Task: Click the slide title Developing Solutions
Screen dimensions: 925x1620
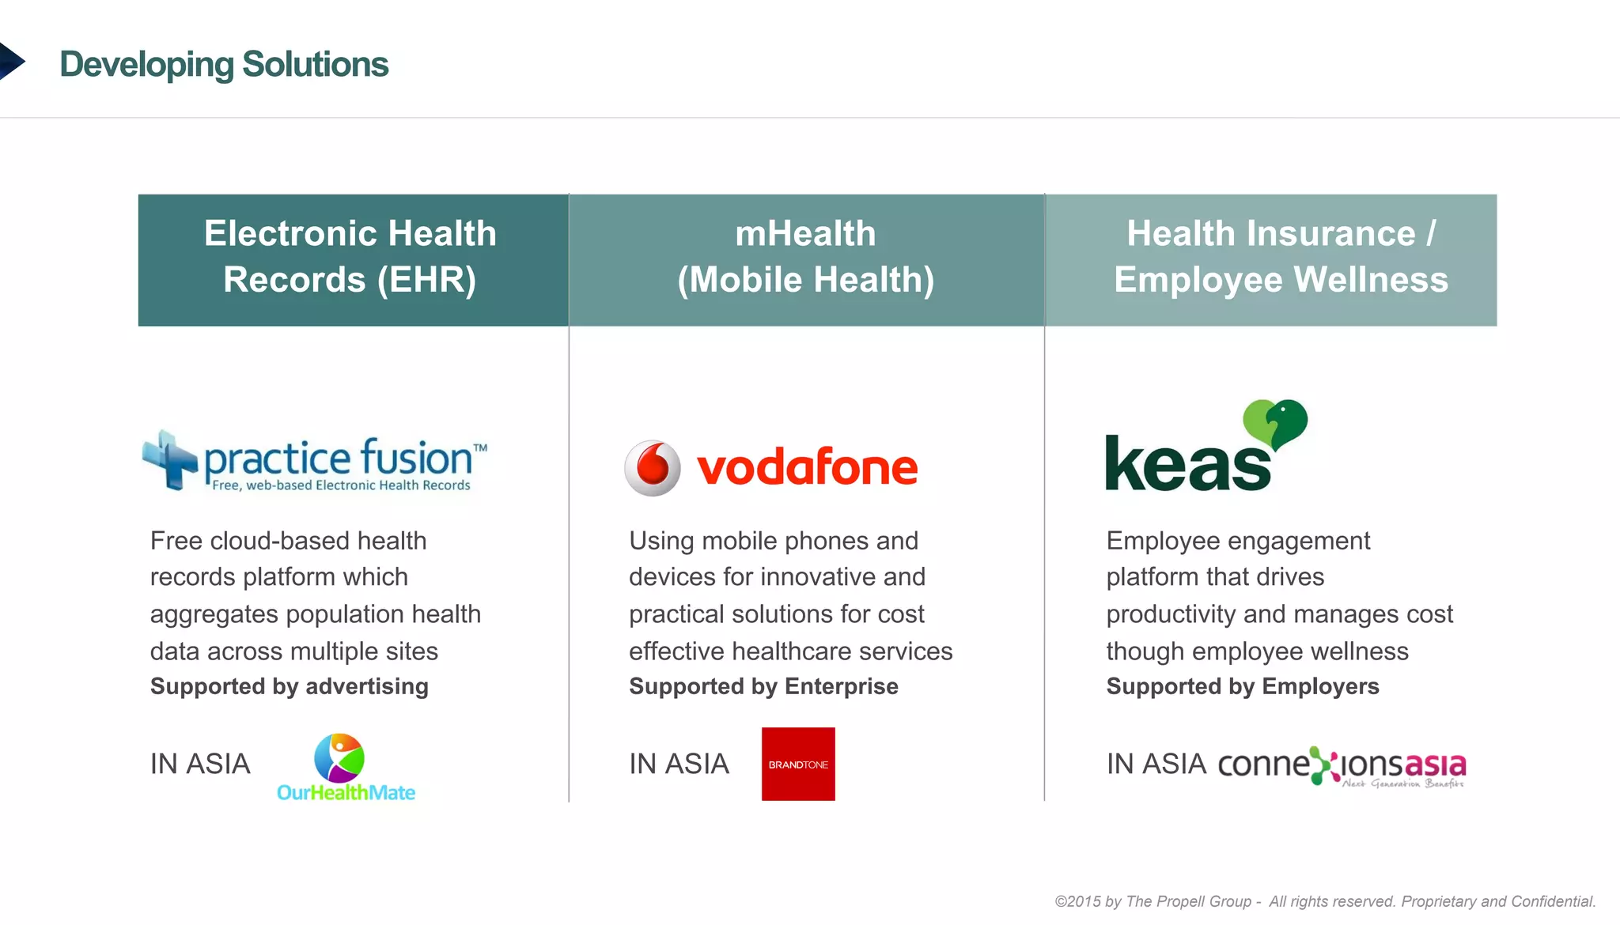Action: click(224, 64)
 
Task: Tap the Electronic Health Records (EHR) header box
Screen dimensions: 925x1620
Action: click(353, 259)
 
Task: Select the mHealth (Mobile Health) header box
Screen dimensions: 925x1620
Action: click(806, 259)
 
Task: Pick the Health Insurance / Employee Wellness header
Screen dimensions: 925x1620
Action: click(1271, 259)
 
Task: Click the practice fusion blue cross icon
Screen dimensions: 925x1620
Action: click(170, 459)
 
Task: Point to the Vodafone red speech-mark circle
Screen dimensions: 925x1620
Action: click(653, 468)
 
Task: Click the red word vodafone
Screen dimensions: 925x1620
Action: click(807, 468)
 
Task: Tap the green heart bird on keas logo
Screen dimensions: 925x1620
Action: click(1275, 422)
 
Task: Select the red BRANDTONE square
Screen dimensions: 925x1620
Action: click(798, 764)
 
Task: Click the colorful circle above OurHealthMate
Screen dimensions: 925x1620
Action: click(339, 757)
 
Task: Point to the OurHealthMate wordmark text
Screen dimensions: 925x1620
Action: click(346, 792)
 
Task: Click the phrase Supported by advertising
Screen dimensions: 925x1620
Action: click(290, 686)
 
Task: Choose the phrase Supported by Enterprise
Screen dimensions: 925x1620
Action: click(763, 686)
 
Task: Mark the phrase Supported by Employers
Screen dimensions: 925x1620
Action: click(1242, 686)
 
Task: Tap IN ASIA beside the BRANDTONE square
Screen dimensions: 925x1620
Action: click(679, 764)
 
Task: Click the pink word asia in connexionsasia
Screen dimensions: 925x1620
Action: click(1435, 765)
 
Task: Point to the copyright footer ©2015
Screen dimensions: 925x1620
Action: click(1325, 901)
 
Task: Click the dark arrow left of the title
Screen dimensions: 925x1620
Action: click(11, 62)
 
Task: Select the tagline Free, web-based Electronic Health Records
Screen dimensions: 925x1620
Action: click(341, 485)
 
